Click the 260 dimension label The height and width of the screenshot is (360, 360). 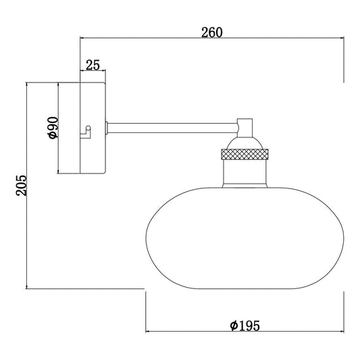(x=212, y=32)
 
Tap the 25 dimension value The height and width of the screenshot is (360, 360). (x=93, y=65)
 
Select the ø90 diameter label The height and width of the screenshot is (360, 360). (x=53, y=128)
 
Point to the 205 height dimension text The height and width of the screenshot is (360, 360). (x=22, y=185)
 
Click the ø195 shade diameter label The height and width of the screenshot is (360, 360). (x=245, y=326)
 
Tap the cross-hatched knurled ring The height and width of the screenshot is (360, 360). (x=245, y=154)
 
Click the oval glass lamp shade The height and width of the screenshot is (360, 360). (x=245, y=238)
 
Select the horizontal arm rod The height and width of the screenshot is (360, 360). (x=173, y=128)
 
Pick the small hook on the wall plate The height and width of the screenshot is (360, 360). (x=86, y=132)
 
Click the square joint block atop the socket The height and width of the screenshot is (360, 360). (x=245, y=128)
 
